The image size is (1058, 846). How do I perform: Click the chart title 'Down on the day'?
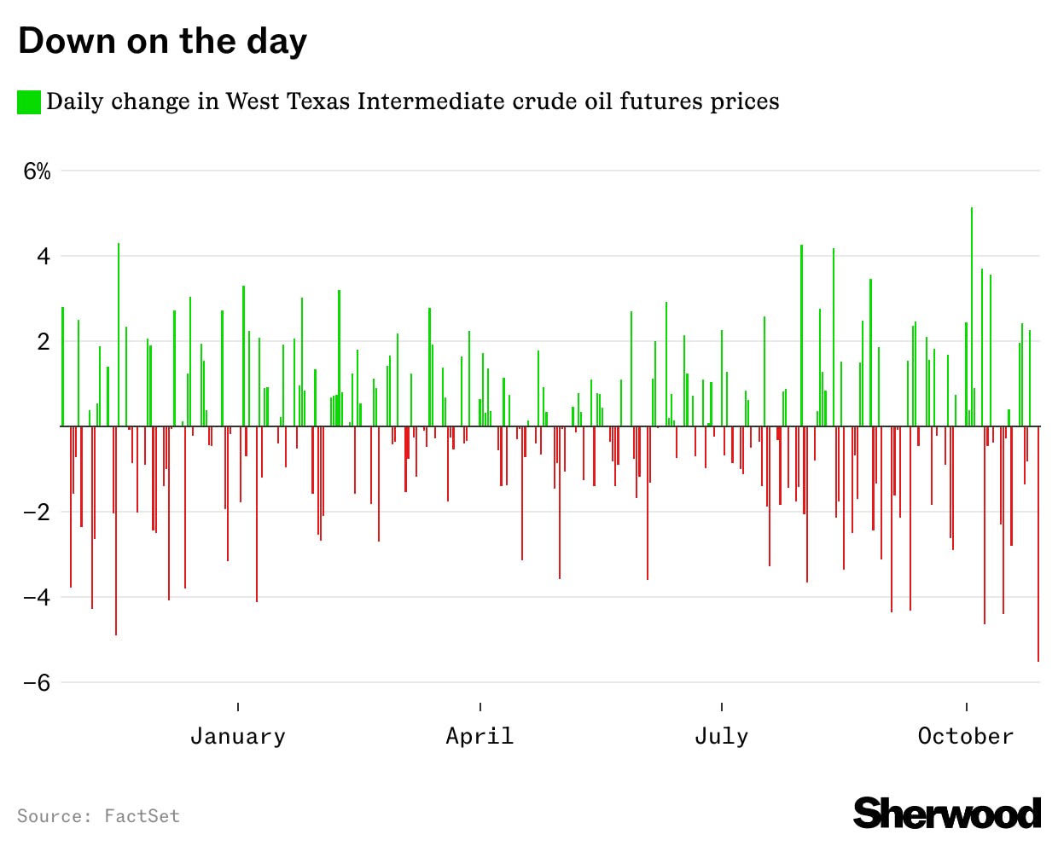[x=162, y=41]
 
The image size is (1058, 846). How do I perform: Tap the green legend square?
[x=29, y=102]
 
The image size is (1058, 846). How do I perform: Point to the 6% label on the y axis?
[x=37, y=171]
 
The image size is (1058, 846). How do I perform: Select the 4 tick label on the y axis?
[x=43, y=257]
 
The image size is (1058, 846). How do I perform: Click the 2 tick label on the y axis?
[x=43, y=342]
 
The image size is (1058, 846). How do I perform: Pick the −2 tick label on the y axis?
[x=37, y=513]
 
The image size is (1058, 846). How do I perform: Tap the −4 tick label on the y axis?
[x=37, y=598]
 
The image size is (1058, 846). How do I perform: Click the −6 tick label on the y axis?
[x=37, y=683]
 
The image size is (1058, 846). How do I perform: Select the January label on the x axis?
[x=237, y=736]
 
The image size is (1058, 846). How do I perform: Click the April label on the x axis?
[x=480, y=736]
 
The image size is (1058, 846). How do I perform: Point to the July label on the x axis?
[x=721, y=736]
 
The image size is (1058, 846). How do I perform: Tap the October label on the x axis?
[x=966, y=736]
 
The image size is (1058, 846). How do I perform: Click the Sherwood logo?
[x=947, y=813]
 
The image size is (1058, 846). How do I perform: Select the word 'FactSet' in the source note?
[x=142, y=816]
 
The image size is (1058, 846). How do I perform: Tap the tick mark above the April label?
[x=480, y=707]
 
